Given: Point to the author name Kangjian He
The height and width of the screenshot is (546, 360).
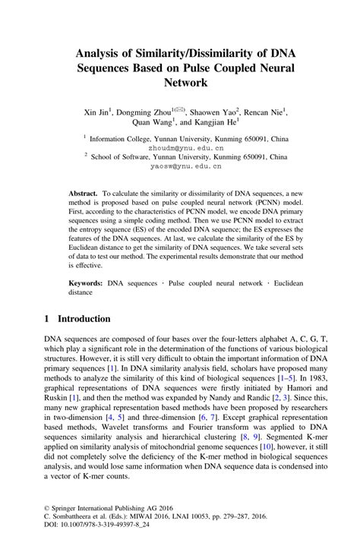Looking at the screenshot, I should point(215,122).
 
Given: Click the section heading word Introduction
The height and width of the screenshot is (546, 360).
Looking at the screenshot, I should point(90,319).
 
